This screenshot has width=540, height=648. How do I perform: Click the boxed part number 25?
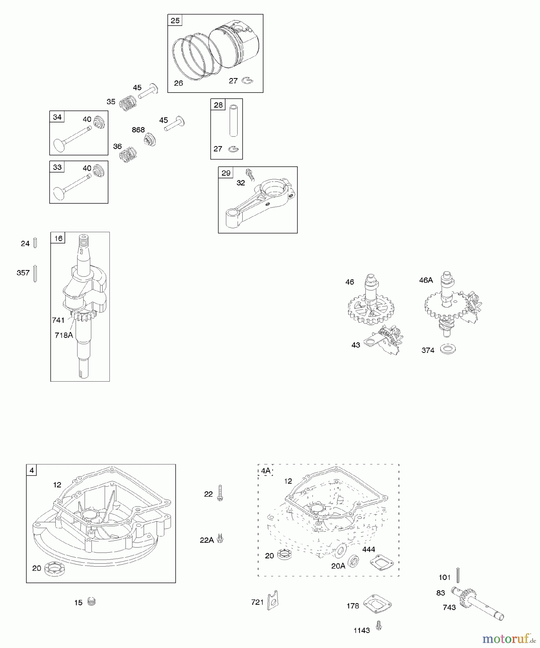175,21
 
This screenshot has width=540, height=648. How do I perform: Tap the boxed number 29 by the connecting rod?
226,173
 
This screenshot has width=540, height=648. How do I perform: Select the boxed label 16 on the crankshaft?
58,238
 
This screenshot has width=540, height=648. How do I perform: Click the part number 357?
23,273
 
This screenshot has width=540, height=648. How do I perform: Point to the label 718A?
64,335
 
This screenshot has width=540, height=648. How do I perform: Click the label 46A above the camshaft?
426,280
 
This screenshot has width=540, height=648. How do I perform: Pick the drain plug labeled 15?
92,602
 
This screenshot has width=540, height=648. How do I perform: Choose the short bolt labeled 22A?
220,539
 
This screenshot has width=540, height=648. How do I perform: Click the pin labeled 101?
458,575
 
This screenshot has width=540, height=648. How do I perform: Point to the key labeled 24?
35,243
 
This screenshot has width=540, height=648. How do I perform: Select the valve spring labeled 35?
128,103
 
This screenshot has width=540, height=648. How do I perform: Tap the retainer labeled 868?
149,139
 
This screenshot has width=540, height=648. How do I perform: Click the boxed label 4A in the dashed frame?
266,471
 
